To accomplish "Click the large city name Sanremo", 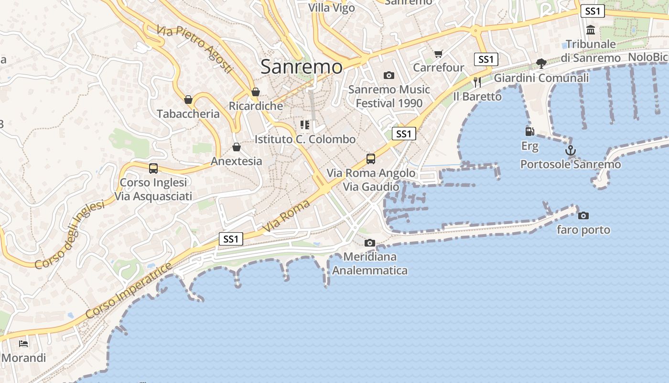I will [302, 67].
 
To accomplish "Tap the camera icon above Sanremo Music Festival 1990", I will [389, 75].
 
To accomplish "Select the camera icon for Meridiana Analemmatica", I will [370, 243].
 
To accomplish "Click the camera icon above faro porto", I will [583, 215].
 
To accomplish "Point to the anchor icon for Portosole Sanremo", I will [571, 151].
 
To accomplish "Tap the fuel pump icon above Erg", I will [529, 132].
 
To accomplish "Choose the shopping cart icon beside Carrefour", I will [439, 54].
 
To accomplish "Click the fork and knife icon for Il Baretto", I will [477, 82].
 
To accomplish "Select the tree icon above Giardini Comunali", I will [541, 63].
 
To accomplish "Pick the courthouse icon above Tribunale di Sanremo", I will [591, 30].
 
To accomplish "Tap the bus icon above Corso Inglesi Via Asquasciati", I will [153, 169].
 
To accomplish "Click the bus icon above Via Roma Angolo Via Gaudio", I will [371, 158].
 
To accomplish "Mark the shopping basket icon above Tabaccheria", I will [188, 100].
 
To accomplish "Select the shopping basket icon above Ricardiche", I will [256, 92].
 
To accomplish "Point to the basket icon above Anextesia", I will [237, 147].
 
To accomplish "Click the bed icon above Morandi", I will [23, 344].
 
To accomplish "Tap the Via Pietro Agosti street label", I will [194, 49].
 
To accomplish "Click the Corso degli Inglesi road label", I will [69, 235].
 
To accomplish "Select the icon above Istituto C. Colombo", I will [305, 125].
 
